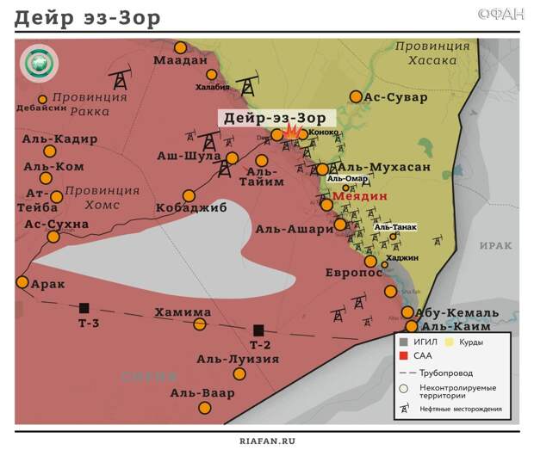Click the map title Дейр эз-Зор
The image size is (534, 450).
point(87,18)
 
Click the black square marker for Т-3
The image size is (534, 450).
point(84,307)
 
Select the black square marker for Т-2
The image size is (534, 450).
point(258,330)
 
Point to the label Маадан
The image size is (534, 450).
point(181,61)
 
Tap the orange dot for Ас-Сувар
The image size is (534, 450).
point(356,97)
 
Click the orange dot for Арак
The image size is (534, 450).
point(22,281)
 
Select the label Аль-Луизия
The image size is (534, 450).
point(238,359)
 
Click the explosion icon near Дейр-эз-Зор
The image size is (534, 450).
point(292,133)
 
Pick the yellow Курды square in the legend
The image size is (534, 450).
point(451,342)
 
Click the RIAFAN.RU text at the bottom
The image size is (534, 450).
point(267,440)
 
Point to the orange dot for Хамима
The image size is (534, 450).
point(200,324)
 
